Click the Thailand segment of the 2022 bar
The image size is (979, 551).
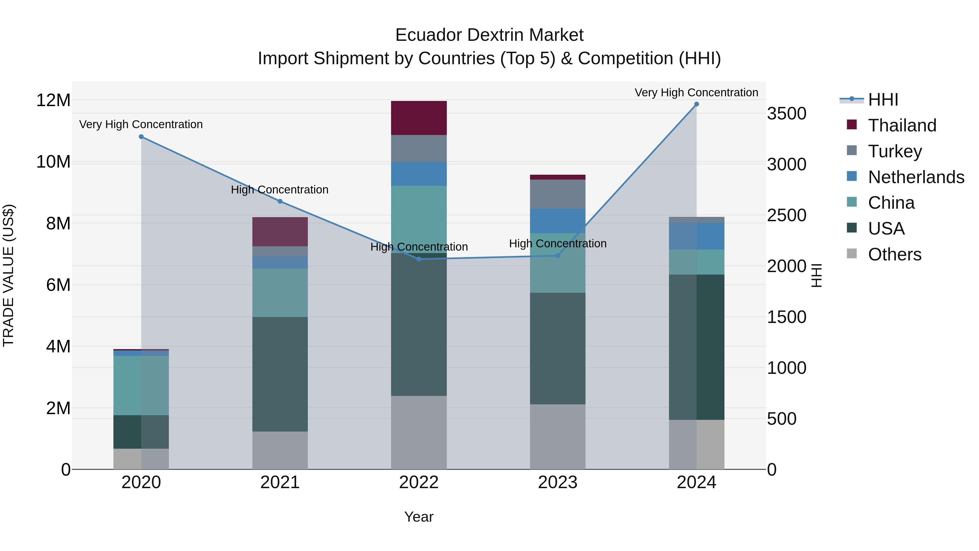click(419, 118)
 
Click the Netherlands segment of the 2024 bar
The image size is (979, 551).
click(697, 236)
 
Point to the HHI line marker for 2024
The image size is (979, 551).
click(697, 104)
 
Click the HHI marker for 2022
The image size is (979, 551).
click(419, 259)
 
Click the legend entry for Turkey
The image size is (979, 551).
click(895, 151)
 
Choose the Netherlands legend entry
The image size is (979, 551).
click(916, 177)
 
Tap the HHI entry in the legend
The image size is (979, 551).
click(883, 100)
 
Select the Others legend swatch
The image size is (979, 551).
click(852, 254)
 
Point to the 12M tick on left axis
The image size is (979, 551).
click(53, 100)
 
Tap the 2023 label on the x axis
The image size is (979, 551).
click(557, 482)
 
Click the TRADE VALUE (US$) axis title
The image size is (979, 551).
click(8, 275)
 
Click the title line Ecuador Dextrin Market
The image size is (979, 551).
click(489, 35)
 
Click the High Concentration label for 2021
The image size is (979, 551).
click(280, 189)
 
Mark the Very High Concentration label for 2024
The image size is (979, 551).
click(696, 93)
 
